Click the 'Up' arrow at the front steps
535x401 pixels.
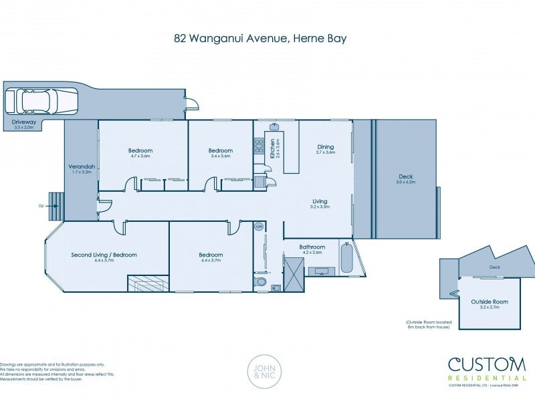(43, 206)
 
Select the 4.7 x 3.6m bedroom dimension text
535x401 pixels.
(140, 156)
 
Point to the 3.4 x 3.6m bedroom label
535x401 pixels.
(220, 156)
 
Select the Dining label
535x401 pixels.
(325, 147)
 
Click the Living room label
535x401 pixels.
(320, 200)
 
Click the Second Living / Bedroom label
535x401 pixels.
(104, 255)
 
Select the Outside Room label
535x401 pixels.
(490, 301)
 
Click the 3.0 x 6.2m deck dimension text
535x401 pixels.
(406, 182)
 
